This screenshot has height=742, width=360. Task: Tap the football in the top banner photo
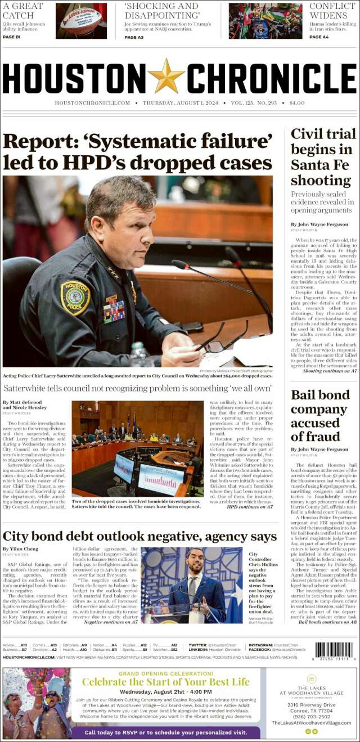(x=81, y=19)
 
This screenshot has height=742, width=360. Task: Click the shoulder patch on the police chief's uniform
(x=75, y=298)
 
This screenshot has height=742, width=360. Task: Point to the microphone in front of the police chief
(x=181, y=264)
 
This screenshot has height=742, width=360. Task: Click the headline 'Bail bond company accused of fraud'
(x=319, y=415)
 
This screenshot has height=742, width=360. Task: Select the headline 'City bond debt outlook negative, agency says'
(x=139, y=536)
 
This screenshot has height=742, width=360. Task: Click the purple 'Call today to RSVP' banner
(x=166, y=732)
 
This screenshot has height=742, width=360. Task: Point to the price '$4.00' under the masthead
(x=296, y=103)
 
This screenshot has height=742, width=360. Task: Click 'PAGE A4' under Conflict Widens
(x=319, y=37)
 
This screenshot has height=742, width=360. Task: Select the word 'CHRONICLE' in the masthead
(x=272, y=78)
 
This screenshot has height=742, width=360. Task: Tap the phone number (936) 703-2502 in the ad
(x=311, y=716)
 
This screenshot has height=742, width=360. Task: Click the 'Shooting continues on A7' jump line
(x=330, y=371)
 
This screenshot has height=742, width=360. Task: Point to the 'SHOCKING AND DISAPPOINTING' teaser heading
(x=161, y=11)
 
